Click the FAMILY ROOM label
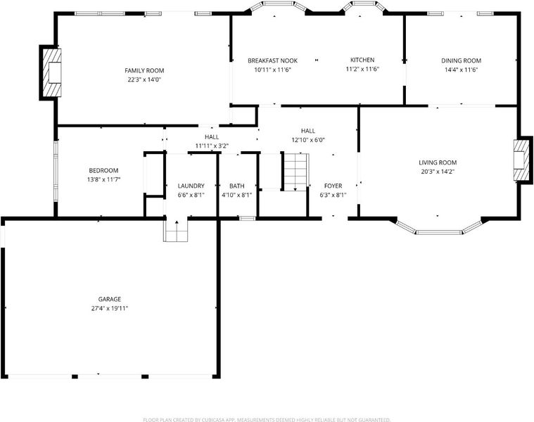pos(144,71)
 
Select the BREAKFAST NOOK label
pos(272,61)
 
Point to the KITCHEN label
pos(362,60)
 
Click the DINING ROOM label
pos(461,61)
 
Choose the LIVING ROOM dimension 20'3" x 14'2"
pos(438,172)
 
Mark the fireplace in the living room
pos(521,160)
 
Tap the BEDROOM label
pos(103,170)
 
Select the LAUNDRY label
pos(191,186)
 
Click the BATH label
pos(236,186)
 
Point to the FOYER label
pos(333,186)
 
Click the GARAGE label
pos(110,299)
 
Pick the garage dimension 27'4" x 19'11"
pos(110,308)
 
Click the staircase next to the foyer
pos(296,172)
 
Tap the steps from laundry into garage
pos(176,231)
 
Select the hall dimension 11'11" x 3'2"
pos(212,146)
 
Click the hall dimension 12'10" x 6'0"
pos(308,140)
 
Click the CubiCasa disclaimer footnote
pos(267,420)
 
